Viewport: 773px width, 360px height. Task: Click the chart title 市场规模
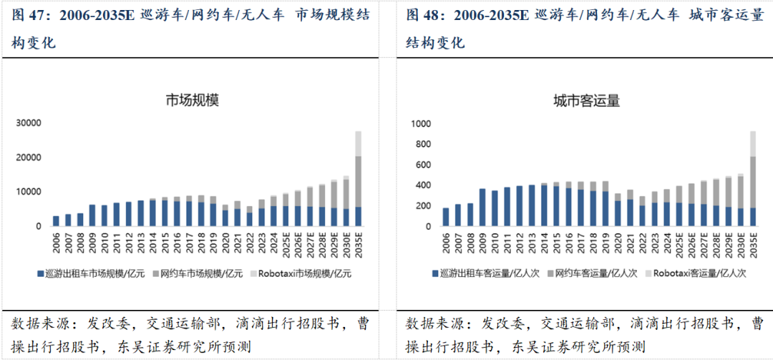(x=192, y=100)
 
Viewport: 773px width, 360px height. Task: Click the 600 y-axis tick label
(x=422, y=165)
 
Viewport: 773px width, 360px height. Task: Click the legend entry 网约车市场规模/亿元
(x=200, y=273)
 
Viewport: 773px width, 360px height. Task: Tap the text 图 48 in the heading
(x=422, y=15)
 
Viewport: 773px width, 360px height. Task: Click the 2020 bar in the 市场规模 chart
(x=225, y=215)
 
